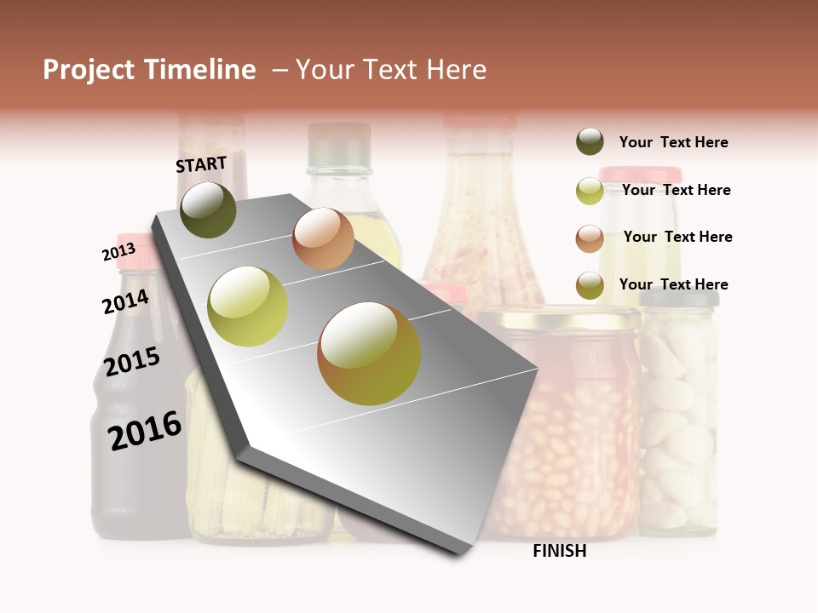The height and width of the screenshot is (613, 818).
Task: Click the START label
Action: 201,164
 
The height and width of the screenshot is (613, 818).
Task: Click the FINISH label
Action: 559,551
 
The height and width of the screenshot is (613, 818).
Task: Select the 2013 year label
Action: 118,252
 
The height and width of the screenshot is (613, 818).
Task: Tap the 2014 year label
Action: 125,301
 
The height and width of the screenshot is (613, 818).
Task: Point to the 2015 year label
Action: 132,361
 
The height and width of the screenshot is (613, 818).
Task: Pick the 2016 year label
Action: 145,430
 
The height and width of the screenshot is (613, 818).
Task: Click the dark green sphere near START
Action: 208,209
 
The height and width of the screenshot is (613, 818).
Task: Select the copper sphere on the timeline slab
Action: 323,238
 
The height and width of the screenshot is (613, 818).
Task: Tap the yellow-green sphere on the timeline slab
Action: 248,306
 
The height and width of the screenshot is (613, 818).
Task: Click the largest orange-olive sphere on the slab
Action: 369,353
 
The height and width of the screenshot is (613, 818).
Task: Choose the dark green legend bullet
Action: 590,142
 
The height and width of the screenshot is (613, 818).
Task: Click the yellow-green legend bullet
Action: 590,191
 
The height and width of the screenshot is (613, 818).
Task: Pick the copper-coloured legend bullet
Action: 590,238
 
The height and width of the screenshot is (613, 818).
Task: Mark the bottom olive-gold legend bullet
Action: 590,285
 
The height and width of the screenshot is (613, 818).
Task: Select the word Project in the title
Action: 89,70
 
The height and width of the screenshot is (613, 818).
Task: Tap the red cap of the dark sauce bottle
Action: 136,251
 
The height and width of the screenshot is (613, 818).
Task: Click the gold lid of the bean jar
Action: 559,318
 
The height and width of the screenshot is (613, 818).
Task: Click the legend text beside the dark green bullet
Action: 673,142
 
